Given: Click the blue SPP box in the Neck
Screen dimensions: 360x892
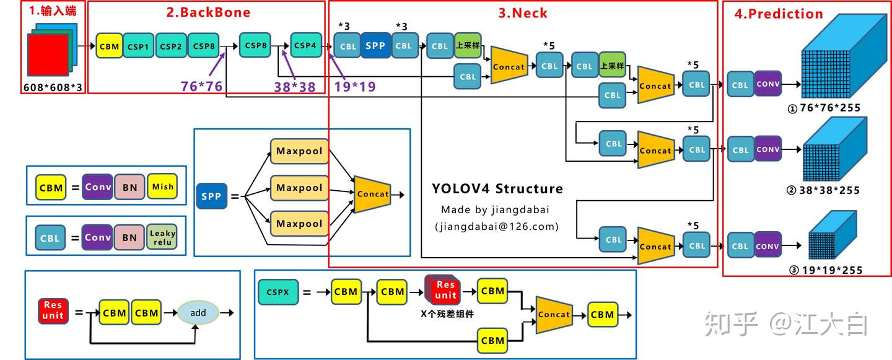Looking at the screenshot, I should pos(375,46).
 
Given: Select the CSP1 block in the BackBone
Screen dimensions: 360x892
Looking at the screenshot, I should pos(138,46).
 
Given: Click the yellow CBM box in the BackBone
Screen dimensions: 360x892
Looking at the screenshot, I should pos(109,46).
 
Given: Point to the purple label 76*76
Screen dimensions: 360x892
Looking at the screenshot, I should pos(201,87).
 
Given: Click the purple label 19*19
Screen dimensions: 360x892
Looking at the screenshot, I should pos(355,87).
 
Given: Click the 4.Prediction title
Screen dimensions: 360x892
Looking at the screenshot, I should pos(778,14).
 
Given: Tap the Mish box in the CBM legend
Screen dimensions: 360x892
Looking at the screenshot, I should pos(163,187).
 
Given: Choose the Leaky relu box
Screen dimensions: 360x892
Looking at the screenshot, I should pos(162,237).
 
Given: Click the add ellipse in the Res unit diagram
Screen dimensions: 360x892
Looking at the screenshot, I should pos(198,313).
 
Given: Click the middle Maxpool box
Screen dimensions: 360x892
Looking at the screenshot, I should pos(299,188).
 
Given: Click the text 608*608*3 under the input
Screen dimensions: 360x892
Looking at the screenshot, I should pos(53,87).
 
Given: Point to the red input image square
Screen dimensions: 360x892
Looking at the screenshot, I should pos(47,56).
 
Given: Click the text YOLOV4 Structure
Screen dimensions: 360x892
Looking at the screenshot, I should pos(497,188).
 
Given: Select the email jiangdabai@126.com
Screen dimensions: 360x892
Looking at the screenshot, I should pos(497,227).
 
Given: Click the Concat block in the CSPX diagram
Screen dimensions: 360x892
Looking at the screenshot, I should pos(553,314).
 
